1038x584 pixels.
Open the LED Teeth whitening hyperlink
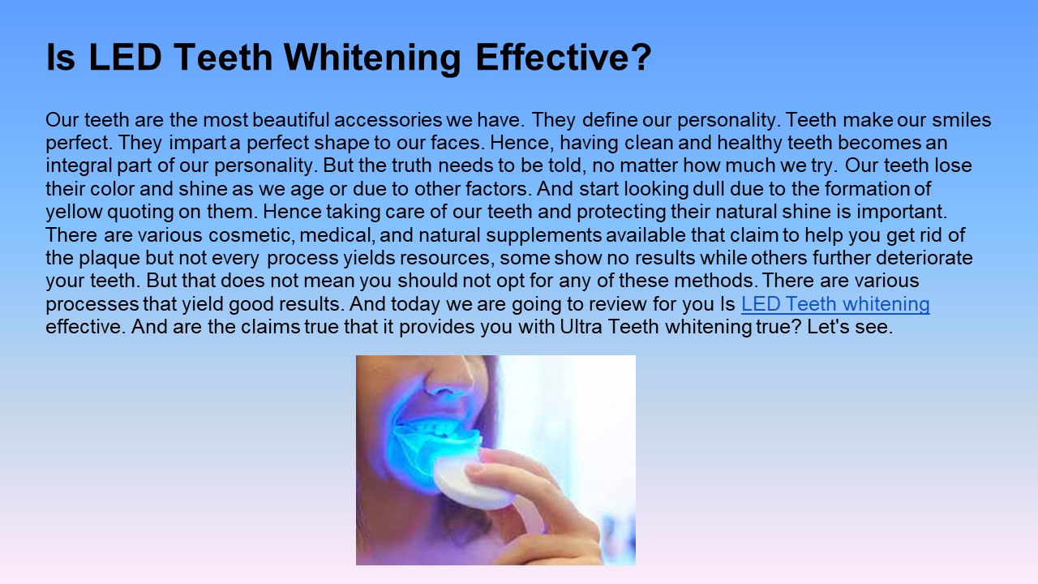tap(835, 304)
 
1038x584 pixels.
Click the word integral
tap(77, 166)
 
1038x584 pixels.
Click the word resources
tap(445, 259)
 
